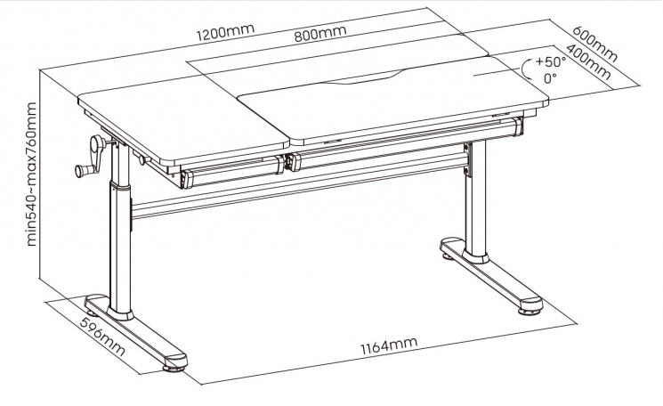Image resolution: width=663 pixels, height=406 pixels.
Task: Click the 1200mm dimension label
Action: click(225, 32)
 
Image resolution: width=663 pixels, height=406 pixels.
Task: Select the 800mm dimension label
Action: click(320, 34)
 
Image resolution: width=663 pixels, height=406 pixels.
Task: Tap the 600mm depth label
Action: click(595, 44)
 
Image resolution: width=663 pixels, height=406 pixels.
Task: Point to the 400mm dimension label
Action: click(588, 61)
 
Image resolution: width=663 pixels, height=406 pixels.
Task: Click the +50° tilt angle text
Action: click(551, 61)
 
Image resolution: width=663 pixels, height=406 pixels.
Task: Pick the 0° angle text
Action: click(550, 77)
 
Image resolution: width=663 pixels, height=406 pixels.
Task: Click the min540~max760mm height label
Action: click(31, 175)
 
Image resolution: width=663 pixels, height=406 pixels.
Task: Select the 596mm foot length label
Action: click(102, 337)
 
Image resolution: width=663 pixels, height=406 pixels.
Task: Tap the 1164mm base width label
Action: click(389, 345)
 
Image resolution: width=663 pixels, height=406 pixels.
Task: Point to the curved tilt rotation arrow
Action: click(526, 69)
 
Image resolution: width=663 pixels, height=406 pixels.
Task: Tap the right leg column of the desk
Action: click(475, 198)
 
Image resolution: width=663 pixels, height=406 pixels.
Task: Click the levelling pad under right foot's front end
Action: click(528, 312)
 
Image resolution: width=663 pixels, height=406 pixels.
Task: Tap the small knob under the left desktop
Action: click(142, 160)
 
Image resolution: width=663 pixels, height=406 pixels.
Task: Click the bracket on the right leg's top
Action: click(467, 159)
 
